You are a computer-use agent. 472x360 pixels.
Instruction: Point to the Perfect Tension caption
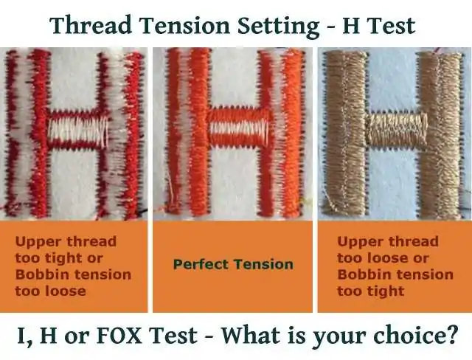(232, 264)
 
